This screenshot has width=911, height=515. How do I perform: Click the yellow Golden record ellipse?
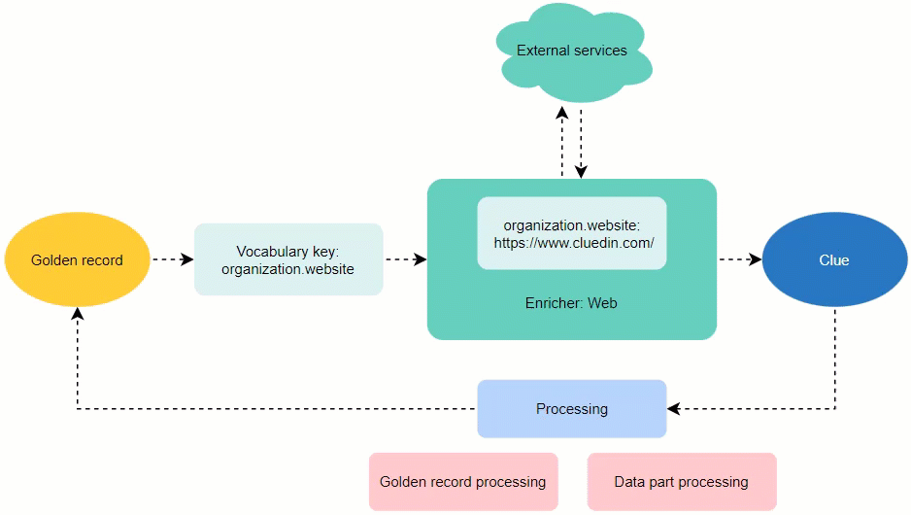click(x=77, y=259)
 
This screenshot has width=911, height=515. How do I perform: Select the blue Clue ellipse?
click(x=833, y=259)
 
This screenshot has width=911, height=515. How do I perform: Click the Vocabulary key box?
click(x=288, y=259)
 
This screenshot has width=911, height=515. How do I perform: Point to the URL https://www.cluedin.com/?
click(x=573, y=243)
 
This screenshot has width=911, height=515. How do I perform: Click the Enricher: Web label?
click(x=571, y=303)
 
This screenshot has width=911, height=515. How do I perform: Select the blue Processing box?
click(x=571, y=409)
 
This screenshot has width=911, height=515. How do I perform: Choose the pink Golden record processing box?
click(x=462, y=482)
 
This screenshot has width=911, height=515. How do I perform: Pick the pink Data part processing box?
click(x=681, y=482)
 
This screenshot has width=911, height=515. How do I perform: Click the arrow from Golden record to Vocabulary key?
click(x=172, y=259)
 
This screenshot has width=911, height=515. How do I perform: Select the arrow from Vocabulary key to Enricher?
click(x=405, y=259)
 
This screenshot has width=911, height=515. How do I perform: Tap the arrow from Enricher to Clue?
click(x=739, y=259)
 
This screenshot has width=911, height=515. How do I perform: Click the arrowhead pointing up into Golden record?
click(x=77, y=314)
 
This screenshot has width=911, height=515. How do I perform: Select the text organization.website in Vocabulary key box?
click(x=287, y=269)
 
